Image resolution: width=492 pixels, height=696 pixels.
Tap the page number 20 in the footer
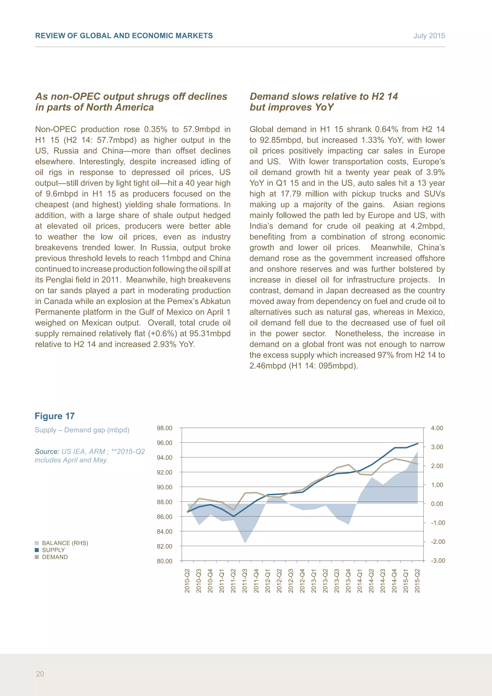[x=40, y=674]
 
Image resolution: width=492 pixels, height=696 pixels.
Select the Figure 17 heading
[x=55, y=416]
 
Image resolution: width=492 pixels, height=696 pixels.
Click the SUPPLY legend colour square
[x=37, y=550]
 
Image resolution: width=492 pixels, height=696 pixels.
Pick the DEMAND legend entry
[x=55, y=557]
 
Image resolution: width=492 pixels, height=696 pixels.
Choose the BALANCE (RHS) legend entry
[x=65, y=543]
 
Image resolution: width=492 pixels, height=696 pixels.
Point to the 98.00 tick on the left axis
[x=165, y=428]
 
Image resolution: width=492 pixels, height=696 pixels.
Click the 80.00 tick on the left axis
[x=165, y=561]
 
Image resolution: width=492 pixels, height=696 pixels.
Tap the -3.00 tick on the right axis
[x=438, y=560]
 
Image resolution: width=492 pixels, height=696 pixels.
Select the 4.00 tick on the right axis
[x=437, y=428]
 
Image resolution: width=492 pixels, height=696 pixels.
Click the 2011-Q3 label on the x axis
[x=245, y=581]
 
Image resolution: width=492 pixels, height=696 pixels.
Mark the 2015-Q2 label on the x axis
[x=418, y=581]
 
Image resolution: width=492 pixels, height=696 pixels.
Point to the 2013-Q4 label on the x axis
[x=348, y=581]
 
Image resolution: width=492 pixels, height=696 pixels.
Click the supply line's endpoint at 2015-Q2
[x=418, y=443]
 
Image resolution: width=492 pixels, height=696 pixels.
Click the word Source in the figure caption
[x=47, y=451]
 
